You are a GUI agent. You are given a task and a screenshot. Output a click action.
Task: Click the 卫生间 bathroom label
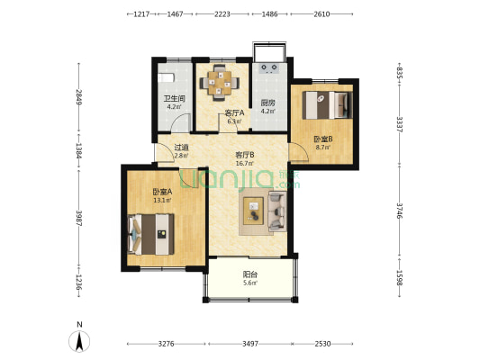(174, 99)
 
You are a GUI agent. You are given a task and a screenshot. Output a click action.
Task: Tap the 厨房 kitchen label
(267, 103)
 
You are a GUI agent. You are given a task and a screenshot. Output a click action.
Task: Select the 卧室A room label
(162, 192)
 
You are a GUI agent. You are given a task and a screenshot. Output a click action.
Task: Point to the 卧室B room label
(323, 139)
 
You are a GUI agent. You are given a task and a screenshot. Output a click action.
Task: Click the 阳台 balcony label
(249, 274)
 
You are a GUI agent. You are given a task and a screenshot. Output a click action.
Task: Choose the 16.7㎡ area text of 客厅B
(245, 163)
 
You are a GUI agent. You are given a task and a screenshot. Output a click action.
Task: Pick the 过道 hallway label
(181, 147)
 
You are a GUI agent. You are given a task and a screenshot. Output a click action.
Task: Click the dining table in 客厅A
(220, 83)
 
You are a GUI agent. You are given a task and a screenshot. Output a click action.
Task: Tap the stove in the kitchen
(269, 68)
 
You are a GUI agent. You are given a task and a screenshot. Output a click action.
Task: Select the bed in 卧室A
(150, 234)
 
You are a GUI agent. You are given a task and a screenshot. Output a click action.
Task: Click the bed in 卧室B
(327, 105)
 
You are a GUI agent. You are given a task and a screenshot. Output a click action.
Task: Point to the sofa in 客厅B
(277, 211)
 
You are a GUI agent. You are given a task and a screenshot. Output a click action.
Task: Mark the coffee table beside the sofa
(253, 211)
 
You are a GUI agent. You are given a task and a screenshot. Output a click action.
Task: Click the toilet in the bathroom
(167, 77)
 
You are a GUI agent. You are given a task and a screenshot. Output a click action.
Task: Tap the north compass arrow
(79, 342)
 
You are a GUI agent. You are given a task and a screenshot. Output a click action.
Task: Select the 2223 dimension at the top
(222, 14)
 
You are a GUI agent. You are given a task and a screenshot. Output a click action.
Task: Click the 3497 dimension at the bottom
(250, 344)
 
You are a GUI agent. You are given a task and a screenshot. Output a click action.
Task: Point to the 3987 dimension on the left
(79, 218)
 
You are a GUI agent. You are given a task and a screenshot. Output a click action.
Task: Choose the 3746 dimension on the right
(400, 211)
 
